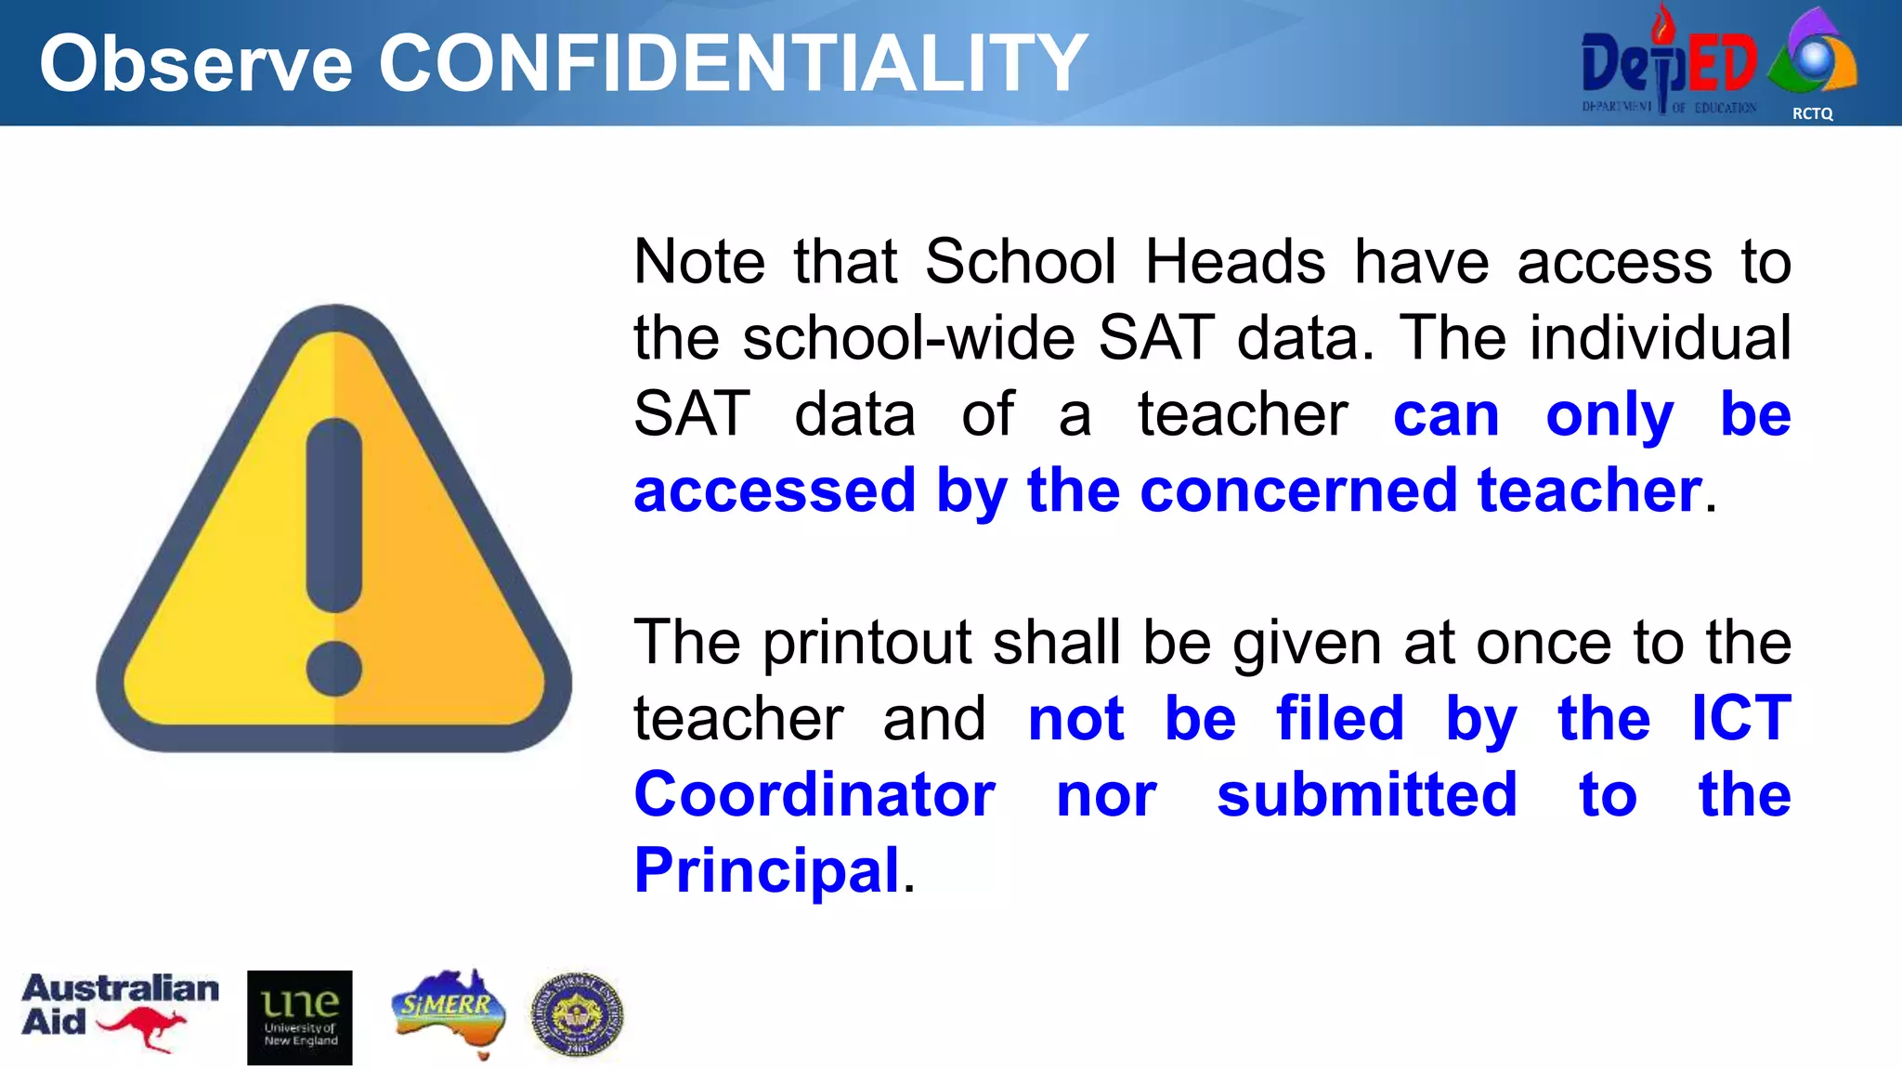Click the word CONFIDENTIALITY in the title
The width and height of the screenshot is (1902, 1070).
click(733, 63)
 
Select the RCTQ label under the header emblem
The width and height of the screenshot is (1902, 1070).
click(1812, 113)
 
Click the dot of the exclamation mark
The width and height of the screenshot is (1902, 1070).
click(333, 668)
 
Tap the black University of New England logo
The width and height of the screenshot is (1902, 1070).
click(300, 1017)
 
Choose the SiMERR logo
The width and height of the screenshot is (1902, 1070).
click(449, 1011)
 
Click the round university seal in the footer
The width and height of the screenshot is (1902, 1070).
click(577, 1015)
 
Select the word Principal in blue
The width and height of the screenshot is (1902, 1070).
click(767, 870)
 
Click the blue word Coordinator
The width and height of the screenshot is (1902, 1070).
click(814, 795)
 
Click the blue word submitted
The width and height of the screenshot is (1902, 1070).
click(1367, 795)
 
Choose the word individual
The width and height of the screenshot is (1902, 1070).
click(1661, 337)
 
